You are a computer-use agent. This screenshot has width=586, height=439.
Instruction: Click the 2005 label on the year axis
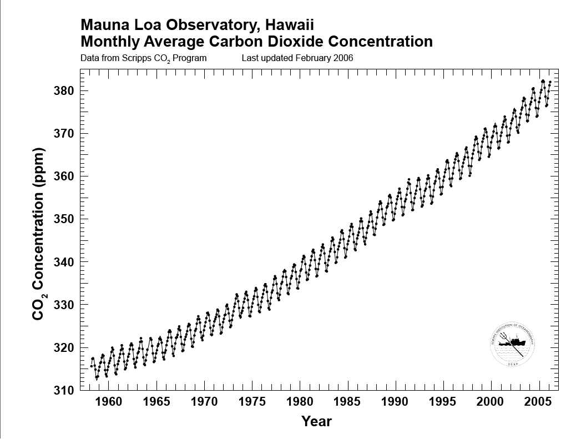click(537, 401)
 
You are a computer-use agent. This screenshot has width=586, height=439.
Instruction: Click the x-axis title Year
click(316, 421)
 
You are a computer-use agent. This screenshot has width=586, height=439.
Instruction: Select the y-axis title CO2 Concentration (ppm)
click(38, 234)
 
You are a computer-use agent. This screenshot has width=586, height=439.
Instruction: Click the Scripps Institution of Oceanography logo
click(512, 344)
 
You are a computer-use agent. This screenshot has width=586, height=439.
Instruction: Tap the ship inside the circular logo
click(511, 342)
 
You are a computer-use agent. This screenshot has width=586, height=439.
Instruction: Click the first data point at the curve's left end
click(91, 366)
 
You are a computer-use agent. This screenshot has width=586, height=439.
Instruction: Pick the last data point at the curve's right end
click(550, 82)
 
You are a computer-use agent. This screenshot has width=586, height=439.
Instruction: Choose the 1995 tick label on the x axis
click(442, 401)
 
